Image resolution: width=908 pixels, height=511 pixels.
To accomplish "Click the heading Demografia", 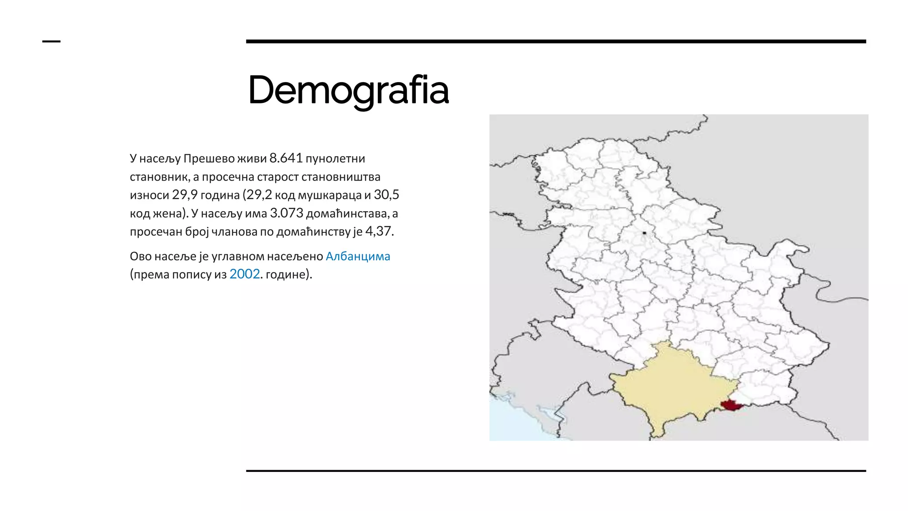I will tap(348, 90).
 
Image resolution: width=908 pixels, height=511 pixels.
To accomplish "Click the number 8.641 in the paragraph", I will tap(286, 158).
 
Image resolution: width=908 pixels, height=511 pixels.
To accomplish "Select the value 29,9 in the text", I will tap(184, 195).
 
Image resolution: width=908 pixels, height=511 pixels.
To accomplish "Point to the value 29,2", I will tap(259, 195).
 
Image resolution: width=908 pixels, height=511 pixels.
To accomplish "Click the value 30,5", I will tap(386, 195).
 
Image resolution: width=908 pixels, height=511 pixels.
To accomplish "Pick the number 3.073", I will tap(286, 213).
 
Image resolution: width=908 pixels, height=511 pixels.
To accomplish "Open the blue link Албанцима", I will tap(358, 256).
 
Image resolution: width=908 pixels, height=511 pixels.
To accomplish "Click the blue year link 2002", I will tap(244, 274).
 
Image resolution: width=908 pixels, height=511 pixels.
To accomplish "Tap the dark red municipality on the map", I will tap(730, 405).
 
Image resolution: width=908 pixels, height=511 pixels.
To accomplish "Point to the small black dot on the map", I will tap(644, 233).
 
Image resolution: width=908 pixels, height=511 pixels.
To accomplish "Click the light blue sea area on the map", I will tap(514, 421).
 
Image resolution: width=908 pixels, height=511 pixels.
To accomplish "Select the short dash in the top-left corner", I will tap(51, 42).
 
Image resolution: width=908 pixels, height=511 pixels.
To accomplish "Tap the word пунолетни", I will tap(335, 159).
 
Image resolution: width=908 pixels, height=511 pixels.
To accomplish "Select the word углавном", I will tap(238, 256).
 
